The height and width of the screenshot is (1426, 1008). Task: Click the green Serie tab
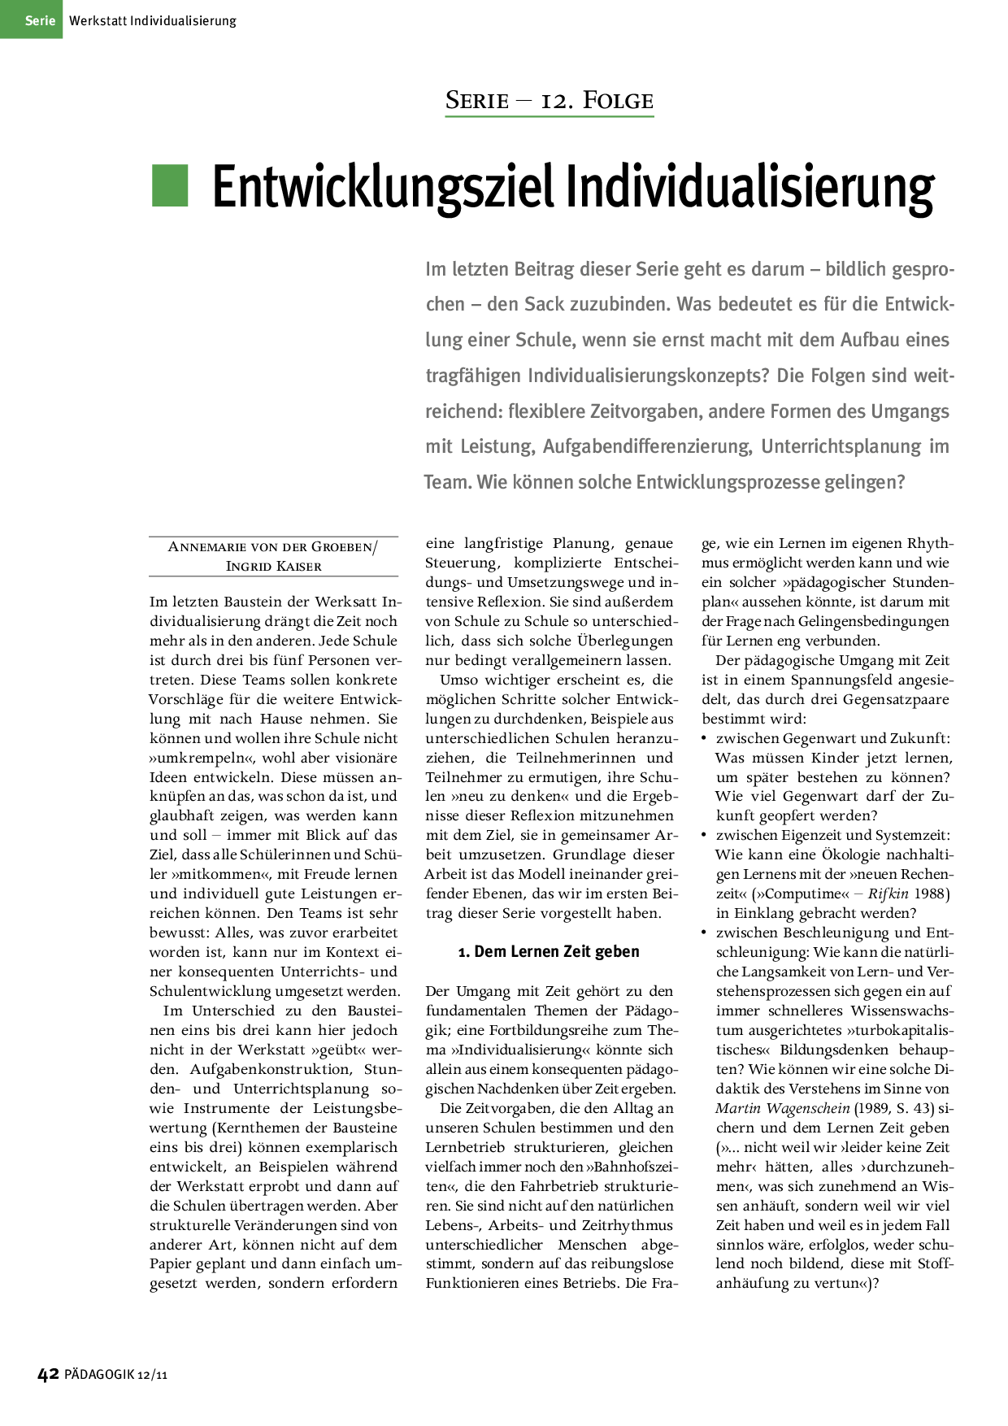coord(31,20)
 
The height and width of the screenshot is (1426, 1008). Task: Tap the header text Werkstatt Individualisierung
coord(153,20)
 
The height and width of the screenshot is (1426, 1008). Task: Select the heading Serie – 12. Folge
coord(549,101)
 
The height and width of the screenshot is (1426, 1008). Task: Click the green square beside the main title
coord(170,185)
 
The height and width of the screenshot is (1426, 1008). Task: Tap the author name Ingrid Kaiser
coord(274,566)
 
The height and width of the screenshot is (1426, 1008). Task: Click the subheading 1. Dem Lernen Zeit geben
coord(549,952)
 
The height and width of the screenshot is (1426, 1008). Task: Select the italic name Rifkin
coord(888,894)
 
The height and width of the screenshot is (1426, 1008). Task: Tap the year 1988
coord(932,894)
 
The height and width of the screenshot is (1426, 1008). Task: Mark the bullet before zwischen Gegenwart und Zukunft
coord(705,738)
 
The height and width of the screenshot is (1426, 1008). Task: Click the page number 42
coord(49,1374)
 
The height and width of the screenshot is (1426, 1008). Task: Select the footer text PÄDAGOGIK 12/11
coord(115,1375)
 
